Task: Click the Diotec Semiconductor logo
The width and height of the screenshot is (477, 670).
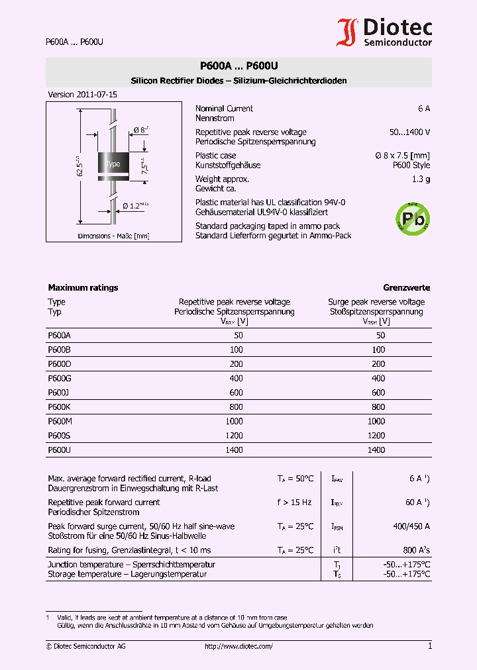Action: point(386,32)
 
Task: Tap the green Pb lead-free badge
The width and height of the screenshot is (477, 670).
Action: point(412,218)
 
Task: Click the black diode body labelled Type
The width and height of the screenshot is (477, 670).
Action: point(114,164)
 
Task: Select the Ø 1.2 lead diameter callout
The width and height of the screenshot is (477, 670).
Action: point(136,206)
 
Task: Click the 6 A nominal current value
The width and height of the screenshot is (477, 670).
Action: point(424,109)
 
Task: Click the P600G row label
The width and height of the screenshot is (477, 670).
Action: point(60,379)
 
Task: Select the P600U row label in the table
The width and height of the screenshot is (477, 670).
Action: point(60,450)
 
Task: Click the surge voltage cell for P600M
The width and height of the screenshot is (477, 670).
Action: point(376,421)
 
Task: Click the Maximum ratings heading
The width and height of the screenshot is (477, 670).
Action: point(83,288)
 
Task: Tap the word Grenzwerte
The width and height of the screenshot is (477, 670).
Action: point(406,288)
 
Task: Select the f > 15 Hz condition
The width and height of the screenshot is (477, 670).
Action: point(294,502)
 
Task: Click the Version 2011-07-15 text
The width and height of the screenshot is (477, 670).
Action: point(82,95)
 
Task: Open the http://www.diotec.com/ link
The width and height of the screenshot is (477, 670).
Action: point(238,646)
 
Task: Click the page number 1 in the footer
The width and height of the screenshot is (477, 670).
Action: point(430,646)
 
